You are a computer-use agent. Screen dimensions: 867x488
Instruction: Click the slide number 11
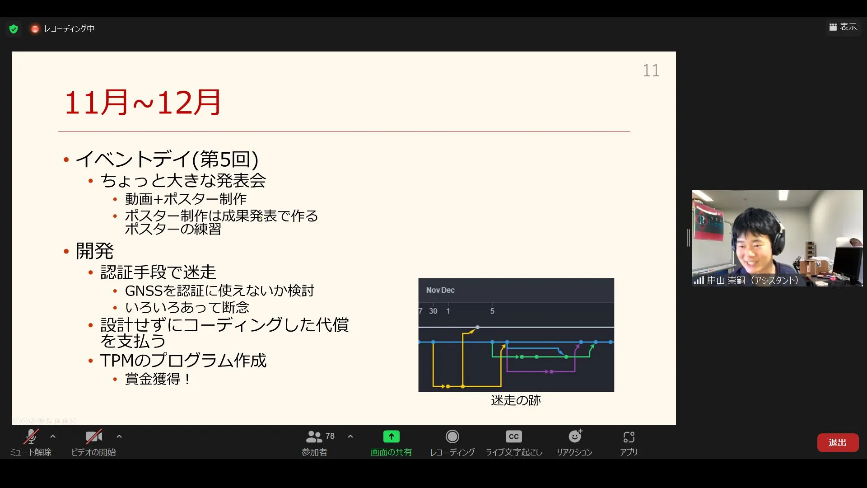point(651,70)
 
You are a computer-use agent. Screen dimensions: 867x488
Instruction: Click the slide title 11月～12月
point(143,103)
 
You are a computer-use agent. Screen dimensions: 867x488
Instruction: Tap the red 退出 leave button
point(838,442)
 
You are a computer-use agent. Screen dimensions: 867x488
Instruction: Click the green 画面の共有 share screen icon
point(391,436)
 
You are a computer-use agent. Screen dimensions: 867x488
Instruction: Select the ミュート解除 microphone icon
point(31,436)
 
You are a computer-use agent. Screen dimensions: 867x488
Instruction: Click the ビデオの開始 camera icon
point(94,436)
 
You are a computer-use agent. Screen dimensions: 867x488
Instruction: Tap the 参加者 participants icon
point(314,436)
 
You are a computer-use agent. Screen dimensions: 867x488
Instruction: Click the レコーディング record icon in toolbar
point(452,436)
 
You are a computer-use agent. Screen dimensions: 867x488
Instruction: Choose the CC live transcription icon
point(513,436)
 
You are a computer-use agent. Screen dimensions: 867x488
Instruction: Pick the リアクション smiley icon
point(575,436)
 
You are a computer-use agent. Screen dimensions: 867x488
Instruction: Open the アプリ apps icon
point(629,437)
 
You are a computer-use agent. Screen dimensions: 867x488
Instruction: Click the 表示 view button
point(843,27)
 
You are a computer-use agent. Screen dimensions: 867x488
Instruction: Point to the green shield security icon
point(14,29)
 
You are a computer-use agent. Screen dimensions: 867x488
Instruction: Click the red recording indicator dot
point(35,29)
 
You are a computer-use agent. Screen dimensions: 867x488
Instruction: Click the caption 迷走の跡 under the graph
point(516,400)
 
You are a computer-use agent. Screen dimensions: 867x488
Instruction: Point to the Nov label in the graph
point(433,290)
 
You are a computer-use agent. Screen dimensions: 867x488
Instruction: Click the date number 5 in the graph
point(492,311)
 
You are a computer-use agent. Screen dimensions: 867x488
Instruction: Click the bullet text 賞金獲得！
point(158,379)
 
